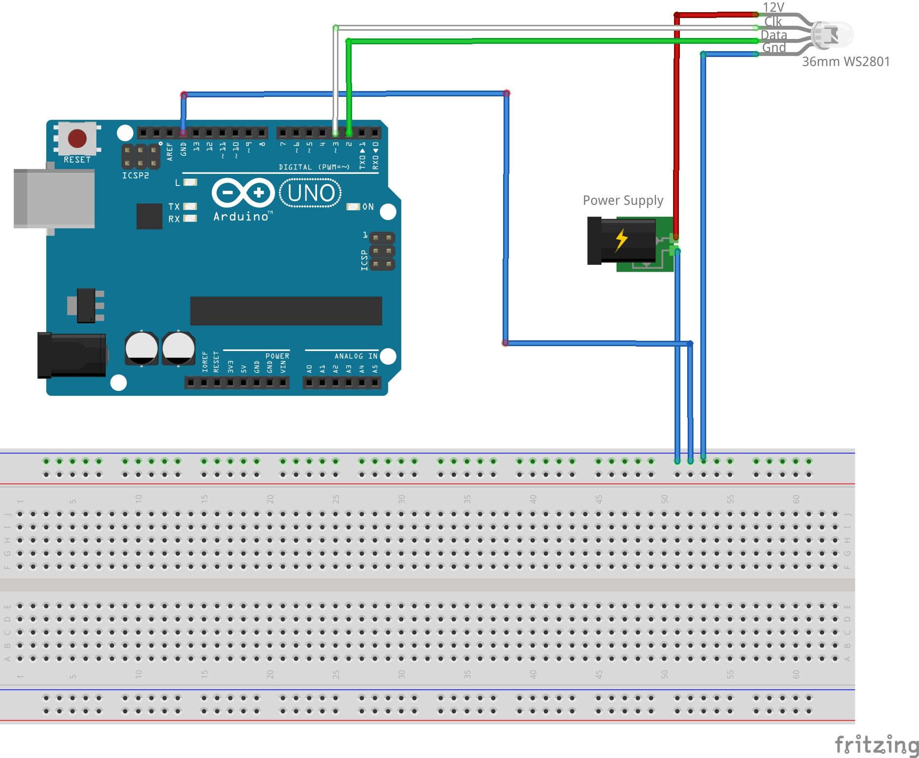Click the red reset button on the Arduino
click(77, 138)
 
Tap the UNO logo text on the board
click(311, 193)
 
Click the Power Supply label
click(623, 201)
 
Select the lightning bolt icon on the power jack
click(621, 240)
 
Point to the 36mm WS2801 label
click(845, 62)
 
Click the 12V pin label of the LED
click(773, 8)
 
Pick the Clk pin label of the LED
click(773, 21)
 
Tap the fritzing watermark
click(877, 744)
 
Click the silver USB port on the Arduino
click(54, 199)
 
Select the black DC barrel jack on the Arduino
click(72, 355)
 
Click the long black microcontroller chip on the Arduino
click(286, 311)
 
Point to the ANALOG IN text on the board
click(356, 356)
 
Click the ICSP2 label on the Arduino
click(135, 175)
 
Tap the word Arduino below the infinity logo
click(241, 217)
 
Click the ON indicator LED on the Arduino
click(353, 207)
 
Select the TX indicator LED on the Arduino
click(190, 206)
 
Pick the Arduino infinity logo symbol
click(243, 193)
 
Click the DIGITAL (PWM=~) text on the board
click(314, 167)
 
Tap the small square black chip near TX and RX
click(149, 216)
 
